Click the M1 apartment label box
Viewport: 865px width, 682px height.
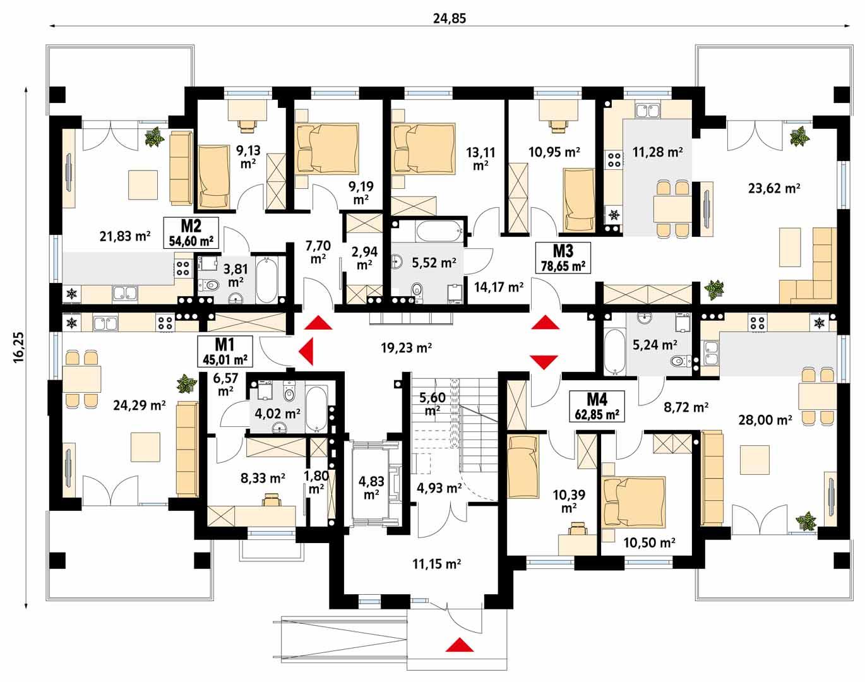click(x=225, y=352)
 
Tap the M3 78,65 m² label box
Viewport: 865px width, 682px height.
click(x=562, y=258)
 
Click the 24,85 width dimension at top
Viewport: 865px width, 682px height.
click(x=449, y=18)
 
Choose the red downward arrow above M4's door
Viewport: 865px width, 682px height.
click(x=544, y=361)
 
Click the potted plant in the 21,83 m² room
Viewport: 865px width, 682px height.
click(x=153, y=137)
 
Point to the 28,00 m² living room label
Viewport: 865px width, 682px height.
click(x=765, y=419)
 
